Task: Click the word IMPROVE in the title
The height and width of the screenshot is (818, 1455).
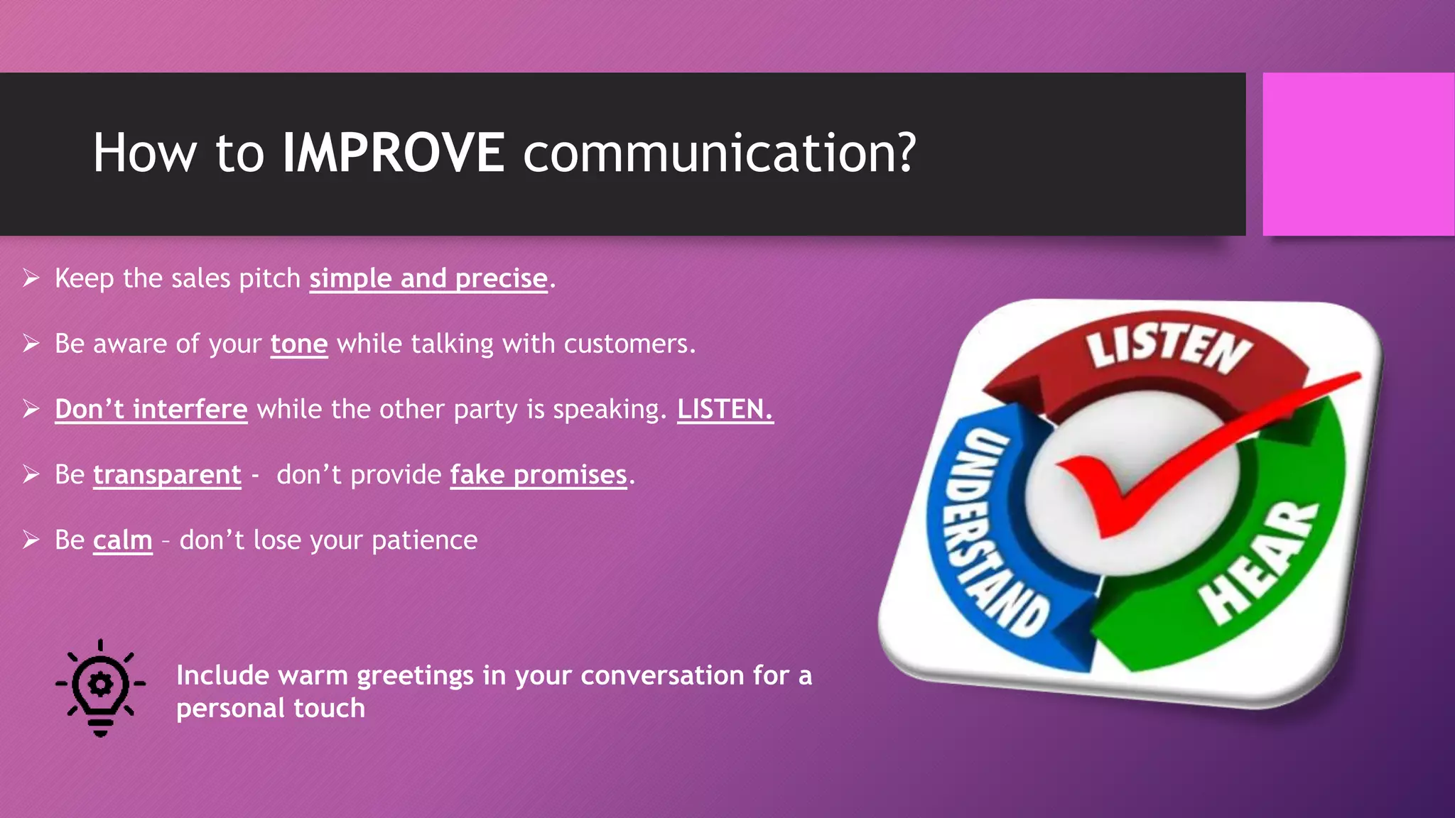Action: pos(393,153)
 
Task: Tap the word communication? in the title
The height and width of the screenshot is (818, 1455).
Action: pos(719,153)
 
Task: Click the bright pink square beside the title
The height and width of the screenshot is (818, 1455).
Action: pos(1358,154)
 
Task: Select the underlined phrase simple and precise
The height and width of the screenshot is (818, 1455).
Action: pos(428,278)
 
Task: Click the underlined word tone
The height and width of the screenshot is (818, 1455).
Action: pos(299,344)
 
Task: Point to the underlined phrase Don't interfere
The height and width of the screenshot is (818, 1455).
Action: pos(151,410)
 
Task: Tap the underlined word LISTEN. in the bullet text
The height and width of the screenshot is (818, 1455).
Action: pos(725,410)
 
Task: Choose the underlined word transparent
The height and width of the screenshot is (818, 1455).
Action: pos(167,475)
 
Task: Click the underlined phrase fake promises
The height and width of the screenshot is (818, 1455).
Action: pos(539,475)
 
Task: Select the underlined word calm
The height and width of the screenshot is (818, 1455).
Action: pos(122,541)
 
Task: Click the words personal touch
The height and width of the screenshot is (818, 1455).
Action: pos(271,709)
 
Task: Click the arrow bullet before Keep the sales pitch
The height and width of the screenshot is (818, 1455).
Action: pos(31,278)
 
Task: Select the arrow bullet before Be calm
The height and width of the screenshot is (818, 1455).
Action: pos(31,540)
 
